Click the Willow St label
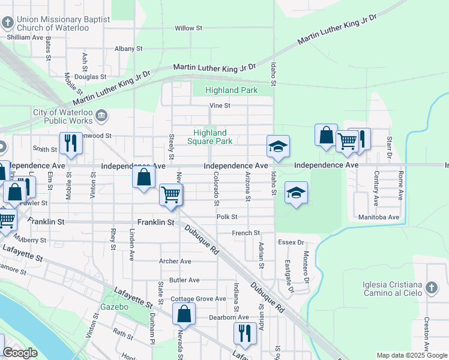coord(188,28)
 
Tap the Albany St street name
coord(128,49)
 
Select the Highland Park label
coord(231,91)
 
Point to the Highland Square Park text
coord(209,137)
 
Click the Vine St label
coord(220,106)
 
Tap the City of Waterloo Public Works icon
coord(101,115)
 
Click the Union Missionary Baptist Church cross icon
coord(7,23)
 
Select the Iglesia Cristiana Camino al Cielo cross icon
coord(431,289)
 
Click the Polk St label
coord(227,217)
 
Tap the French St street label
coord(246,233)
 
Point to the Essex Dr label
coord(291,242)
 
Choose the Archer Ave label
coord(175,261)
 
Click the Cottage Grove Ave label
coord(198,299)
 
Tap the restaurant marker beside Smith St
coord(71,143)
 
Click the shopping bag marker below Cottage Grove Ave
coord(184,314)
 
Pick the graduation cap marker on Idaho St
coord(278,146)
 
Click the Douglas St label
coord(91,77)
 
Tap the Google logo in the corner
coord(20,353)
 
